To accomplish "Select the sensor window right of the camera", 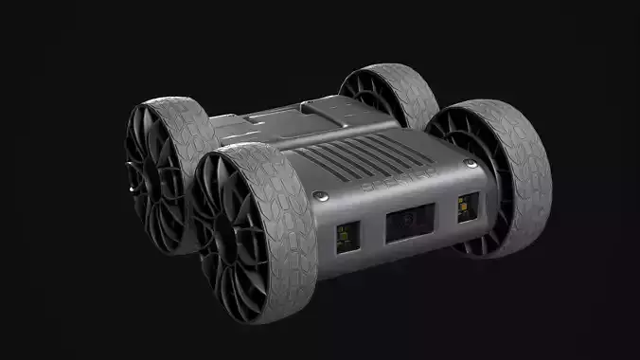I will click(x=467, y=208).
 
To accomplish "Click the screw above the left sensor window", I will click(x=322, y=197).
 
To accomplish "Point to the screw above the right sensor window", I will click(x=468, y=165).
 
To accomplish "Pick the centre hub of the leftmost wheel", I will click(x=143, y=180).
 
